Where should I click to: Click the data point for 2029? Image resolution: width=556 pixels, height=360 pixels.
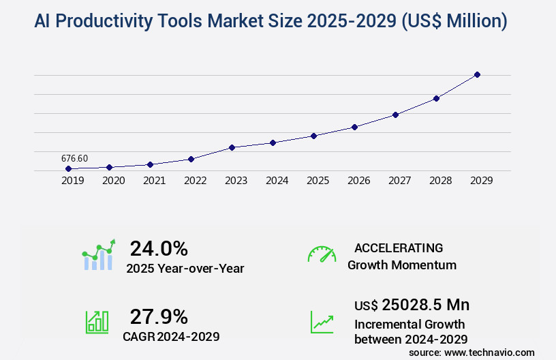coord(477,74)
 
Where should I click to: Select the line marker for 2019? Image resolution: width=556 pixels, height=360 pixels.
coord(68,168)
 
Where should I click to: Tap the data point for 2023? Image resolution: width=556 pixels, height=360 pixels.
coord(232,147)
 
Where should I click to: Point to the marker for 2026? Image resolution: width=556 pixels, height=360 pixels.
coord(354,127)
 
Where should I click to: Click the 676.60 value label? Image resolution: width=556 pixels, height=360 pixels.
coord(74,158)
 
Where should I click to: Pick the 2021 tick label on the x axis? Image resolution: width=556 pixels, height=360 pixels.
coord(154,181)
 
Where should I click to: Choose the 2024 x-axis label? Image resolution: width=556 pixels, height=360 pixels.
coord(277,181)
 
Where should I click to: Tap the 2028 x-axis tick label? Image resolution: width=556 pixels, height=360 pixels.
coord(440,181)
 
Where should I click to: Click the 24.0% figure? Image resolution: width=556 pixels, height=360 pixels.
coord(159,248)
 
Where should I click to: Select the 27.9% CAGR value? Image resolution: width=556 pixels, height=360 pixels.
coord(159,316)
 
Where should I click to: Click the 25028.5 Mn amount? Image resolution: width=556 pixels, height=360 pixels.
coord(425,304)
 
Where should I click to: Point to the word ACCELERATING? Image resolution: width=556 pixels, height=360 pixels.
coord(399,248)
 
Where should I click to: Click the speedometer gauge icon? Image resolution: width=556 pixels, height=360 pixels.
coord(322,254)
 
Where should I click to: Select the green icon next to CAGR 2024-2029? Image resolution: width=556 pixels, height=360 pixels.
coord(97,321)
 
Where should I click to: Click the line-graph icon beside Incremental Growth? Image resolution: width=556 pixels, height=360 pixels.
coord(322,321)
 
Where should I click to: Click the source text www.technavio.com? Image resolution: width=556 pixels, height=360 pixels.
coord(489,352)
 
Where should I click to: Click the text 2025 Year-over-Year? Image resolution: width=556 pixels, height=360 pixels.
coord(185,268)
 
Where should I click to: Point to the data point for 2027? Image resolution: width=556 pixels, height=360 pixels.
coord(395,115)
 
